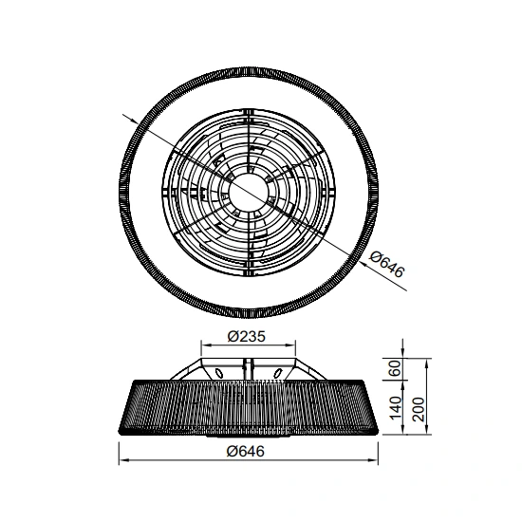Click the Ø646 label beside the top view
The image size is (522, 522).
[387, 265]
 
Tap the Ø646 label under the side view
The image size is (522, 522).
[246, 452]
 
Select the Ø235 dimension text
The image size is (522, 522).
[247, 337]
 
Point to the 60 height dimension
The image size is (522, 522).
[396, 368]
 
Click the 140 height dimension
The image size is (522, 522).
[396, 408]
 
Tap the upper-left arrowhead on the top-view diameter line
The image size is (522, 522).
[134, 121]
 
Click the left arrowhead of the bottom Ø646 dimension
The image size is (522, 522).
[123, 460]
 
